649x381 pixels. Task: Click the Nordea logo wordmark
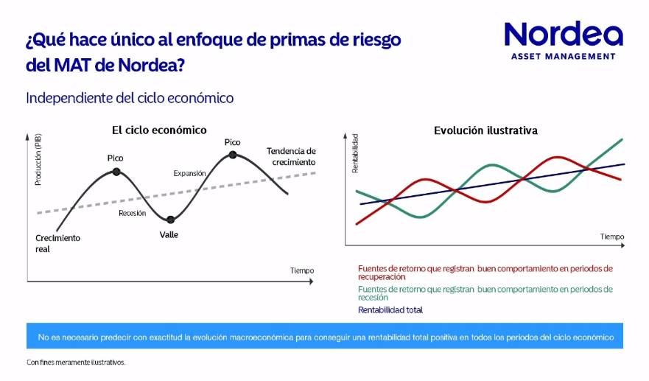coord(563,35)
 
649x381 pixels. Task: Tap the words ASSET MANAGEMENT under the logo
coord(563,57)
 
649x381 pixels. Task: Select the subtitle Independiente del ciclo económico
coord(130,97)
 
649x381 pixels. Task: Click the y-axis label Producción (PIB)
coord(38,159)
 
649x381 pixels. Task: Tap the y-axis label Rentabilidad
coord(354,153)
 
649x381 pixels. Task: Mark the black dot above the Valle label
coord(170,220)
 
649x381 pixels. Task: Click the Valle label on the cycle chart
coord(169,235)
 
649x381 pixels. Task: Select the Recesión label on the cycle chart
coord(133,213)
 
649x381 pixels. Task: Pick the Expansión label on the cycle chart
coord(189,173)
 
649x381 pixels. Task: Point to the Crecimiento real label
coord(57,243)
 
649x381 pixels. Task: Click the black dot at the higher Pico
coord(233,155)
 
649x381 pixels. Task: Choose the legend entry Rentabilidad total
coord(390,310)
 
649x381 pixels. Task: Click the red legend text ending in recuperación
coord(485,273)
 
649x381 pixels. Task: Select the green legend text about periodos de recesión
coord(485,293)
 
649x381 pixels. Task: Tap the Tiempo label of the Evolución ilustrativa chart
coord(611,237)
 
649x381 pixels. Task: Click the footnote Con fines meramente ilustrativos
coord(77,362)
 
